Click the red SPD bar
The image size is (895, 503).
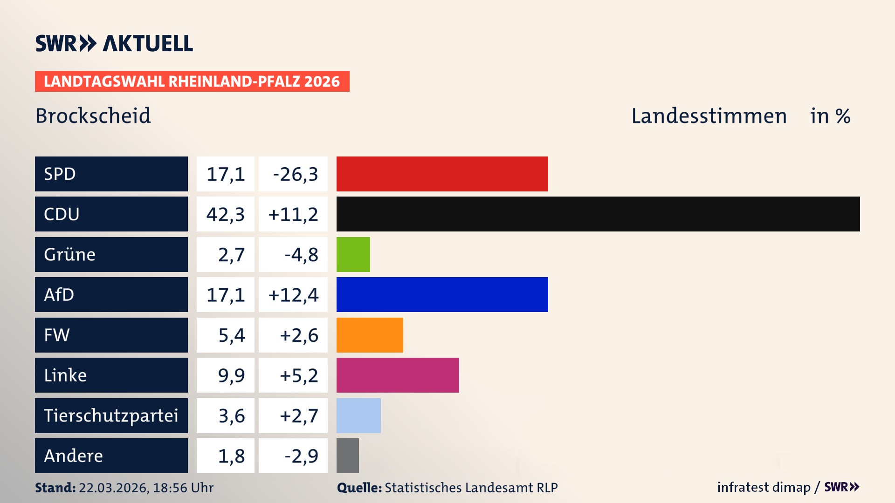[442, 174]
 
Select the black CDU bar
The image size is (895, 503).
[598, 214]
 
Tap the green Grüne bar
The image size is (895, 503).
[353, 254]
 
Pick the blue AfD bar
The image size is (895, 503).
[442, 294]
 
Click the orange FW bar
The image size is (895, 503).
[370, 335]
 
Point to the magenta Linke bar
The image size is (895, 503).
[398, 375]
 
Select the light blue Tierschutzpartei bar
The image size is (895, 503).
[358, 415]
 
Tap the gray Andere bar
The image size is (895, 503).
[348, 455]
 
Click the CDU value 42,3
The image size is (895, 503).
[226, 214]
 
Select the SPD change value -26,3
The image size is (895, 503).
[295, 174]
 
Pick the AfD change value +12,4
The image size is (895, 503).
[293, 295]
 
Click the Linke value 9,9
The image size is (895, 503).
[231, 375]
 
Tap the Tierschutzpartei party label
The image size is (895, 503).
[111, 415]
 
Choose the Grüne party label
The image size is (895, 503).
[70, 254]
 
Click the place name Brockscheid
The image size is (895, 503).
[93, 116]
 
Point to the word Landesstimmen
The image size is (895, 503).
[709, 116]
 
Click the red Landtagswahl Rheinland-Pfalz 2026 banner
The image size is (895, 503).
[192, 82]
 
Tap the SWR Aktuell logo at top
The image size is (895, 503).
[114, 43]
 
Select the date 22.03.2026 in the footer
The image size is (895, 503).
[113, 488]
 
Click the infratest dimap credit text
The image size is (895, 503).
[764, 487]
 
